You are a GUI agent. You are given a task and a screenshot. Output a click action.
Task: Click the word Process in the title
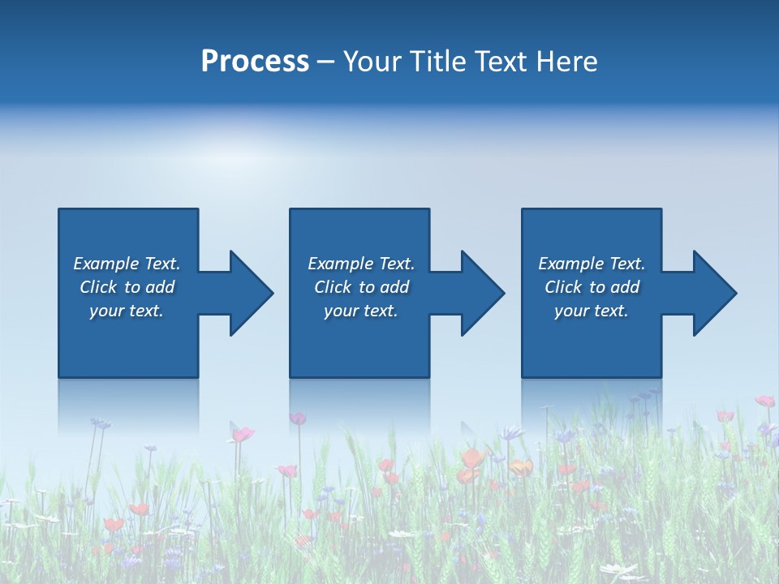click(x=255, y=62)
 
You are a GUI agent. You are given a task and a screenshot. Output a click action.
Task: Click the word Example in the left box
click(x=106, y=264)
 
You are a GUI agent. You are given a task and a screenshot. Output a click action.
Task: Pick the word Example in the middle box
click(x=341, y=264)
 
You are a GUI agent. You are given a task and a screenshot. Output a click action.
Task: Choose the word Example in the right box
click(x=571, y=264)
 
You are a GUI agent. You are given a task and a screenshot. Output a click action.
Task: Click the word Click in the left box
click(x=98, y=287)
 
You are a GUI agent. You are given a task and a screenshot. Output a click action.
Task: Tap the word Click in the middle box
click(x=333, y=287)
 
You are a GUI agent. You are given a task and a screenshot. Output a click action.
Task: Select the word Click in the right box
click(x=563, y=287)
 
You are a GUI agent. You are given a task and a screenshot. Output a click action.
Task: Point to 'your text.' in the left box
click(x=127, y=311)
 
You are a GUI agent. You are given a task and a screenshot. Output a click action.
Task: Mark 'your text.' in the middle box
click(x=361, y=311)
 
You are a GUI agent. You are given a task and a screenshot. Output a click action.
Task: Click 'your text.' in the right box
click(x=592, y=311)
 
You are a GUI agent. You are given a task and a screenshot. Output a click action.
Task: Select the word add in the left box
click(x=159, y=287)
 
